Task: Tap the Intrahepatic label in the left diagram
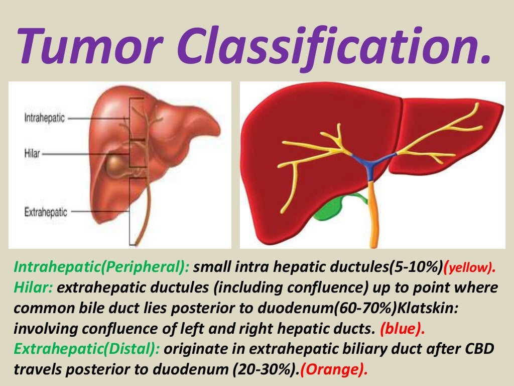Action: [44, 118]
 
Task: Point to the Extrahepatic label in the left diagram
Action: [45, 212]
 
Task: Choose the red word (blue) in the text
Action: [403, 330]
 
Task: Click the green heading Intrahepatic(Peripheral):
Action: [102, 266]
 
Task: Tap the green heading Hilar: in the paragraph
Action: [34, 288]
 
